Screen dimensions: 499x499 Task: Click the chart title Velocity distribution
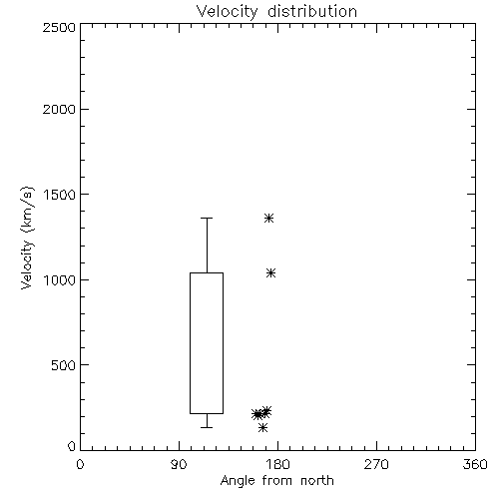coord(276,12)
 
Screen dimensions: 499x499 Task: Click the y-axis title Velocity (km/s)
coord(27,238)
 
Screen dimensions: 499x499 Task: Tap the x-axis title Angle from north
coord(276,481)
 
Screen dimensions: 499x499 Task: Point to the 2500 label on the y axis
coord(59,27)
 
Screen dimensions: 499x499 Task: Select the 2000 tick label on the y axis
coord(59,109)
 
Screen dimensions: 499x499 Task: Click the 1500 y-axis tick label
coord(60,195)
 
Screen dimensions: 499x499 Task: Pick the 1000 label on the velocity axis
coord(60,279)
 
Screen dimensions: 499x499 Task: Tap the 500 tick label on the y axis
coord(64,365)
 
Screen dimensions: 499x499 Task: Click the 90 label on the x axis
coord(179,464)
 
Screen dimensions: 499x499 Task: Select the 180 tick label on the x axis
coord(277,464)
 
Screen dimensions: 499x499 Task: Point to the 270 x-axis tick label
coord(376,464)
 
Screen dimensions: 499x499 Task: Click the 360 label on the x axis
coord(475,464)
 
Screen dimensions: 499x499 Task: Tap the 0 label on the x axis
coord(80,464)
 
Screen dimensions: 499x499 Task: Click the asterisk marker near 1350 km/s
coord(268,219)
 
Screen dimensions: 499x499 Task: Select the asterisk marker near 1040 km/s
coord(270,273)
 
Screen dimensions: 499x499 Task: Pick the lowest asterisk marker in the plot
coord(262,427)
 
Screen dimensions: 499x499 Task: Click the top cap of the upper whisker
coord(207,219)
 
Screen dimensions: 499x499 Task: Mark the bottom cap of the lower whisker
coord(207,427)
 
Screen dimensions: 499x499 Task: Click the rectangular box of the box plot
coord(190,343)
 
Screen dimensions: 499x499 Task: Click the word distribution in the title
coord(312,12)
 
